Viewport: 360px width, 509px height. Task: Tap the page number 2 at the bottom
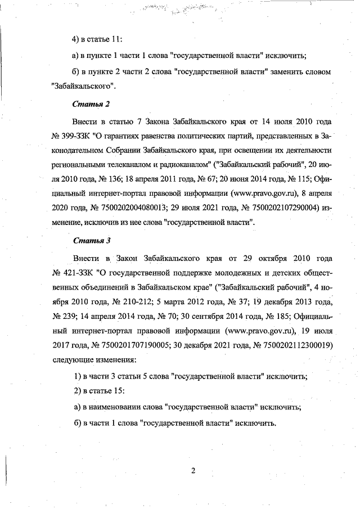(193, 471)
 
